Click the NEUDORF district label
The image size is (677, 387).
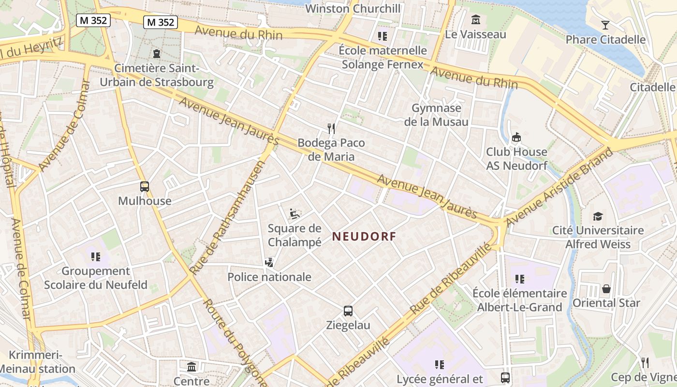tap(364, 237)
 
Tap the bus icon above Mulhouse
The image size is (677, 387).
tap(144, 186)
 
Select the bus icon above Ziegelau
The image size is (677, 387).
tap(348, 311)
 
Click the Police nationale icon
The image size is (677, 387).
tap(269, 263)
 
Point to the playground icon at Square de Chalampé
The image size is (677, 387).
tap(293, 213)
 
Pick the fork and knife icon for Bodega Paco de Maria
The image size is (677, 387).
tap(331, 128)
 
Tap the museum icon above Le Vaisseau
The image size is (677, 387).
tap(475, 20)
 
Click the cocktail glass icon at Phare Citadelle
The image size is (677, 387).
tap(605, 25)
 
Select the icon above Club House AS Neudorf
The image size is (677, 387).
tap(516, 137)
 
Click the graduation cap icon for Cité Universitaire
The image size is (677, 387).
tap(598, 216)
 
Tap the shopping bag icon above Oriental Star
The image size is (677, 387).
tap(606, 289)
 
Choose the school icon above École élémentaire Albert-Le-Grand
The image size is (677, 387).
tap(519, 279)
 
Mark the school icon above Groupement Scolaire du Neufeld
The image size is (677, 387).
tap(95, 256)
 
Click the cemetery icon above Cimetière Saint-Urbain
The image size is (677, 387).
tap(156, 54)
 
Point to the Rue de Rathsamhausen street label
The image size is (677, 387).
tap(228, 219)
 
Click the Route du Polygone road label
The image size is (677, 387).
tap(235, 342)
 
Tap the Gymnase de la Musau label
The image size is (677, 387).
tap(436, 115)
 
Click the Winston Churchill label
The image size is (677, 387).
tap(353, 8)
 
